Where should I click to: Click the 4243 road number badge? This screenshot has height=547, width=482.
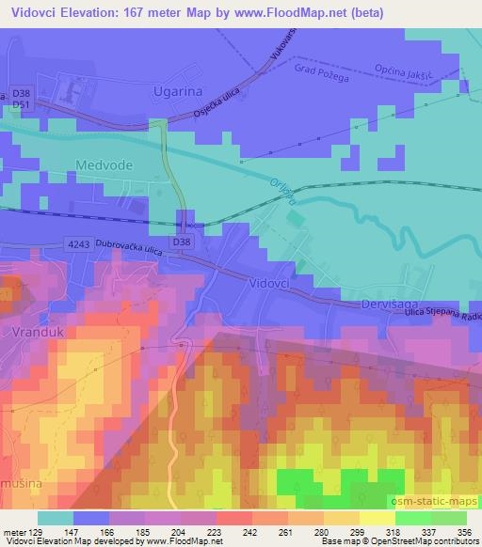coord(79,243)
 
